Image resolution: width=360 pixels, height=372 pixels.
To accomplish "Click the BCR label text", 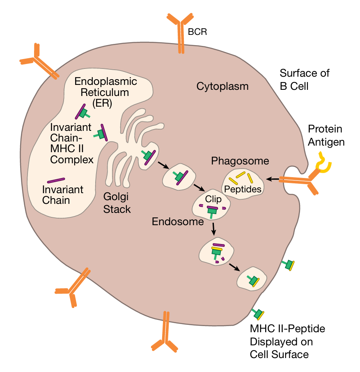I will click(197, 32).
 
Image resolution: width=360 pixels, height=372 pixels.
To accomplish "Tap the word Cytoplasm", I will click(222, 87).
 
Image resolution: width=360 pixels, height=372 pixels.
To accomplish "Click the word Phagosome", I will click(240, 161).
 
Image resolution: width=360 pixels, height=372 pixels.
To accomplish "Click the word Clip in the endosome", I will click(213, 199).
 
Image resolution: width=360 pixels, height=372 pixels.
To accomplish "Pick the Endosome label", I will click(178, 222).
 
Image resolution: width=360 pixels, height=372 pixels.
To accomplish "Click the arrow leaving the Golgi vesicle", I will click(163, 165).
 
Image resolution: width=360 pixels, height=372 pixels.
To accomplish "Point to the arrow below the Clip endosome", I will click(213, 229).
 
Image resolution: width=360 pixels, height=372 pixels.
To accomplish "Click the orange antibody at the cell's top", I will click(180, 33).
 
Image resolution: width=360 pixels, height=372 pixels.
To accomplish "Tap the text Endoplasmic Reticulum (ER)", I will click(105, 91).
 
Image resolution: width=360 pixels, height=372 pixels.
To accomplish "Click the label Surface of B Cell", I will click(305, 80).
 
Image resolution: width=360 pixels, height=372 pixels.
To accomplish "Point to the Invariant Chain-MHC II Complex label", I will click(72, 143).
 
